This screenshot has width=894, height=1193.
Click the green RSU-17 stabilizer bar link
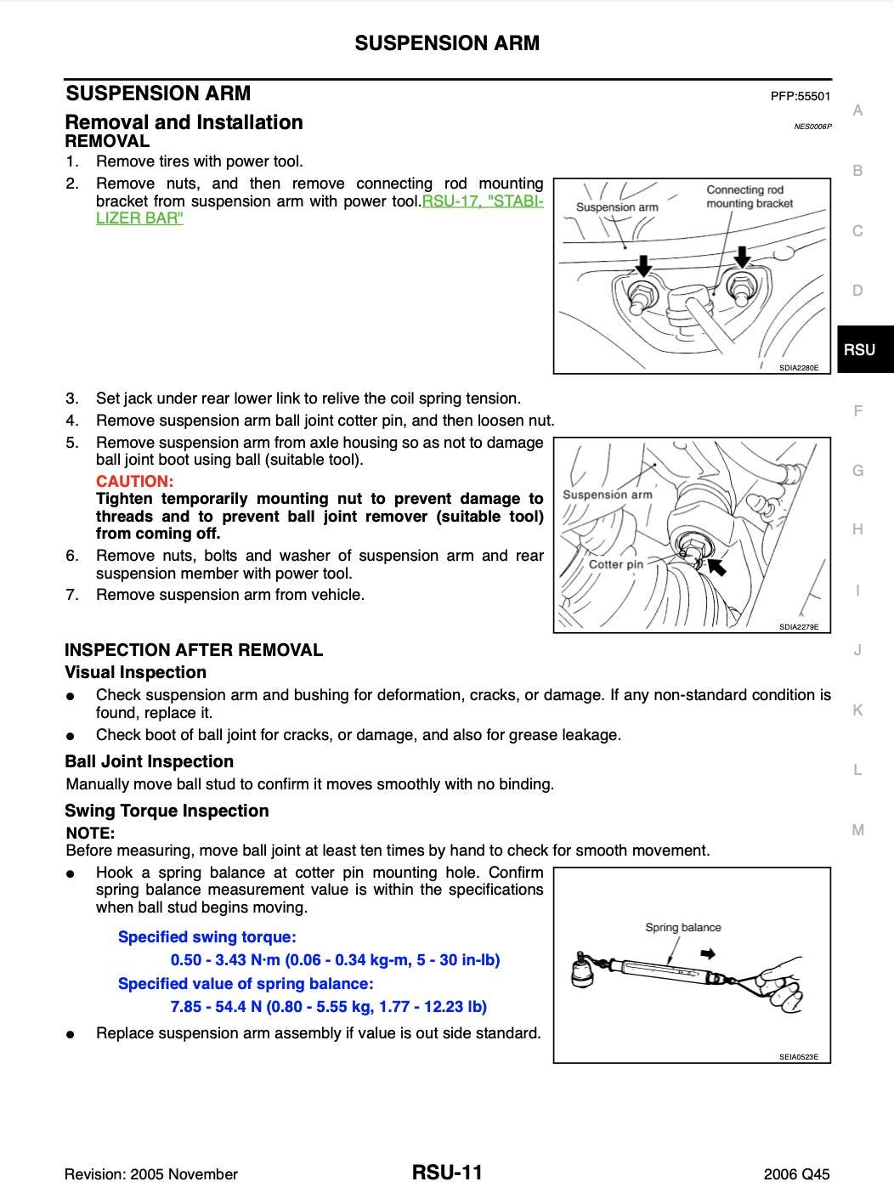tap(482, 202)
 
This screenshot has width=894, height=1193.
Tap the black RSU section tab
tap(860, 349)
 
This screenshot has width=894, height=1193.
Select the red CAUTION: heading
tap(134, 482)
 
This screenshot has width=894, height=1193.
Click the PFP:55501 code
tap(800, 96)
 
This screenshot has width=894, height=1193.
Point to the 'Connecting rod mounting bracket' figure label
tap(749, 196)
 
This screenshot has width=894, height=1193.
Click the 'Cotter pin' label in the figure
tap(615, 564)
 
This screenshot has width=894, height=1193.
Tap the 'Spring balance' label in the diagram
tap(682, 927)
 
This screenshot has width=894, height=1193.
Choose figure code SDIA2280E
tap(798, 368)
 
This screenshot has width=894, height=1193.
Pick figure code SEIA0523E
tap(798, 1057)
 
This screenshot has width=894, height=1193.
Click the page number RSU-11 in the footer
tap(447, 1173)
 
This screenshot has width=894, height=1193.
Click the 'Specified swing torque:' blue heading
tap(207, 937)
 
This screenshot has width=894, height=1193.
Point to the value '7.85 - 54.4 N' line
tap(328, 1007)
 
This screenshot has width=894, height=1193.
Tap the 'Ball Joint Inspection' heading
tap(149, 761)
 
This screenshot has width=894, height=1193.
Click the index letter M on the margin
tap(857, 830)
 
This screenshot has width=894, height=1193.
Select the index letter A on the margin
tap(857, 110)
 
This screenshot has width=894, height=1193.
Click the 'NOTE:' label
tap(90, 834)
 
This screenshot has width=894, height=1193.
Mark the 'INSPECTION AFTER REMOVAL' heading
tap(194, 650)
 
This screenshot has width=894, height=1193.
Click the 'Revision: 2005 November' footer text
tap(151, 1174)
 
